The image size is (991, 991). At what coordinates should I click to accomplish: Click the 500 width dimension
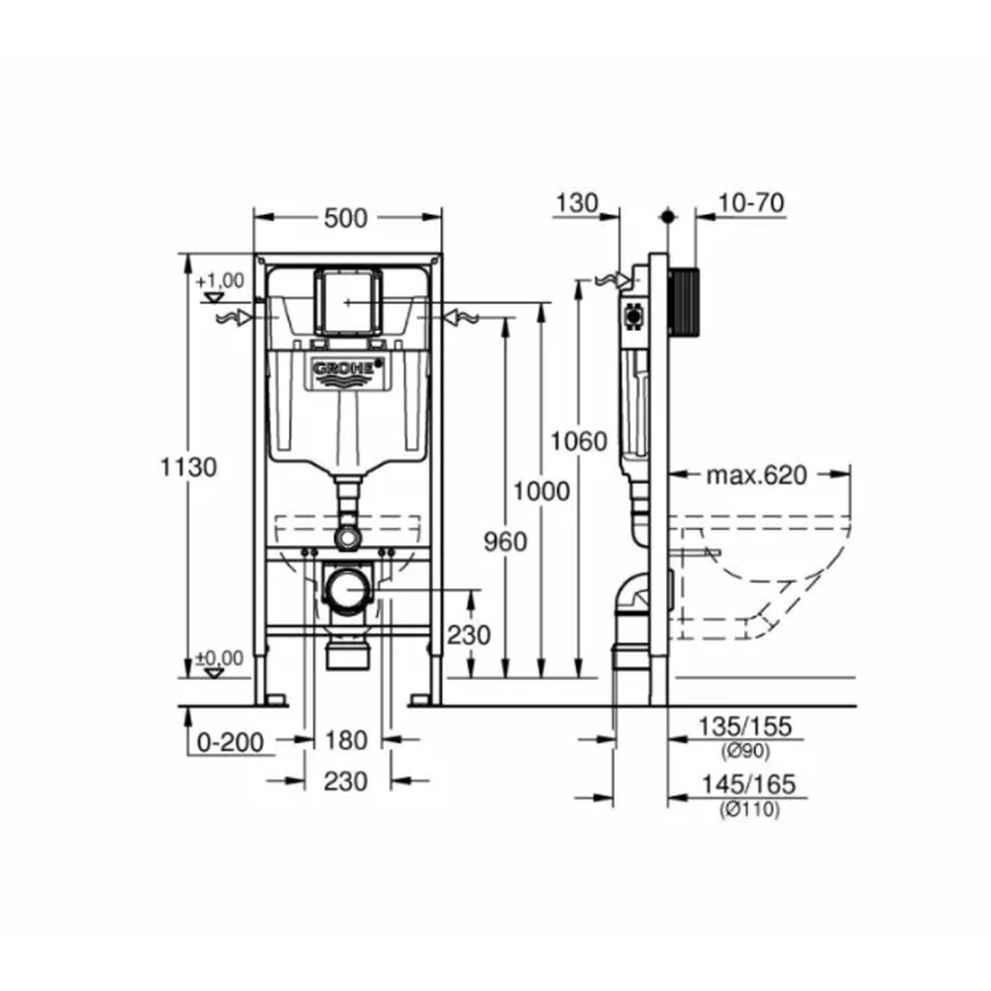[345, 218]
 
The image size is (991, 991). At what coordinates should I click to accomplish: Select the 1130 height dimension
[187, 467]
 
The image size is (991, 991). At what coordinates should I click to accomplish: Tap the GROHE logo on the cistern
[348, 371]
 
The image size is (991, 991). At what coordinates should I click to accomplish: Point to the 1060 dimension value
[579, 441]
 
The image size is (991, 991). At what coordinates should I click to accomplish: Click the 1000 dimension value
[541, 492]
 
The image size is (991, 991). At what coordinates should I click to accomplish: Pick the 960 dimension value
[505, 542]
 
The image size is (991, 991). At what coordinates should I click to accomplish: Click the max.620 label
[756, 475]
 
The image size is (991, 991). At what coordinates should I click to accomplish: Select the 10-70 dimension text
[751, 203]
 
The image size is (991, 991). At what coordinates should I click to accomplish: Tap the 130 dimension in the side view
[577, 203]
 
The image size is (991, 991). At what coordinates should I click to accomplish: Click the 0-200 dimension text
[230, 742]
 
